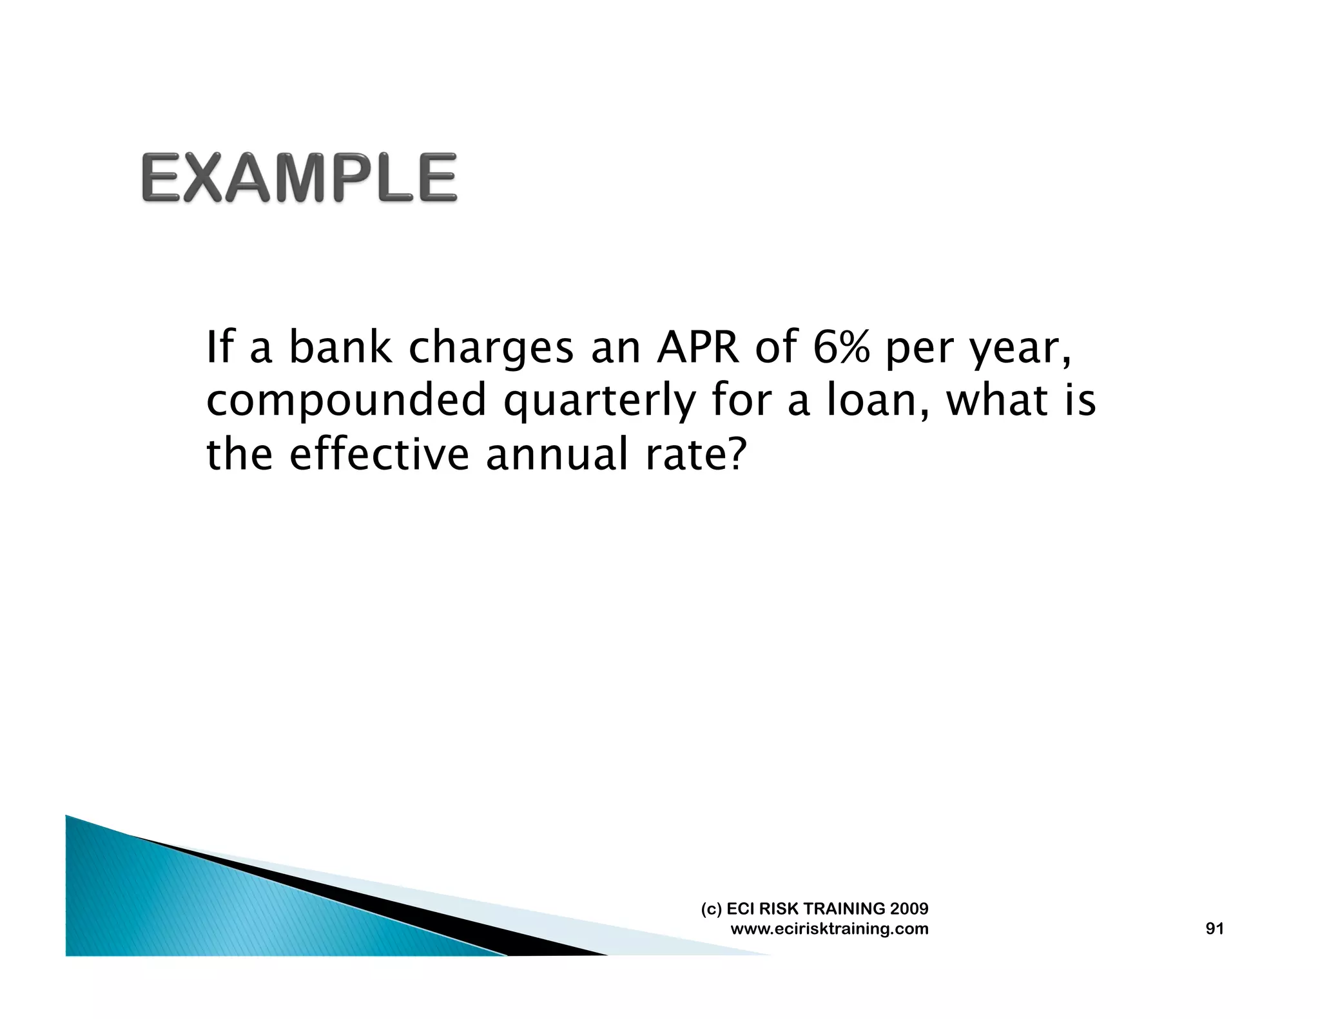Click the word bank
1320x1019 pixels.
pyautogui.click(x=340, y=348)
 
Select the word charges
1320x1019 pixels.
pyautogui.click(x=491, y=349)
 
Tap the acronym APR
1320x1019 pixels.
pyautogui.click(x=698, y=348)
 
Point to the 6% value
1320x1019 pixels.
pyautogui.click(x=840, y=348)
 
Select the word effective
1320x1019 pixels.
pyautogui.click(x=379, y=454)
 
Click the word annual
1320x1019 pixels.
pyautogui.click(x=556, y=454)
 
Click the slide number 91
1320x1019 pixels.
pyautogui.click(x=1214, y=928)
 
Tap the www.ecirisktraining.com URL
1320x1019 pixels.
pyautogui.click(x=829, y=929)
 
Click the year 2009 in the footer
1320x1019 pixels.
pyautogui.click(x=909, y=908)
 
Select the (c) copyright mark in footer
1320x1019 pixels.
pyautogui.click(x=711, y=909)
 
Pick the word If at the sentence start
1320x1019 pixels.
pyautogui.click(x=220, y=348)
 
